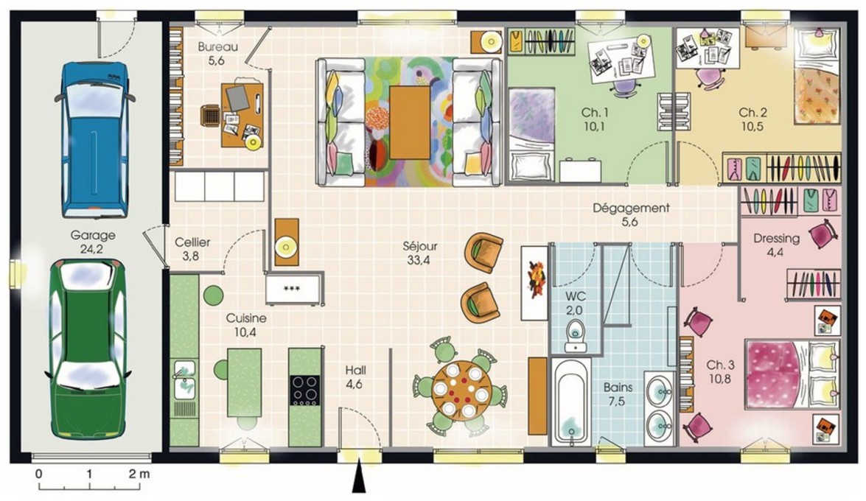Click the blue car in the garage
94,139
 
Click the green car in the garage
88,350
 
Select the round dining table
460,390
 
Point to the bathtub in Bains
571,401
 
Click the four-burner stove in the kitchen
305,390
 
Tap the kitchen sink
184,379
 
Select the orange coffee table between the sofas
410,122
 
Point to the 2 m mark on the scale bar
139,474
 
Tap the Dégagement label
631,209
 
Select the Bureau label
217,47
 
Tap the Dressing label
776,239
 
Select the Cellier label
192,242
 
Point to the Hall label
355,370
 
